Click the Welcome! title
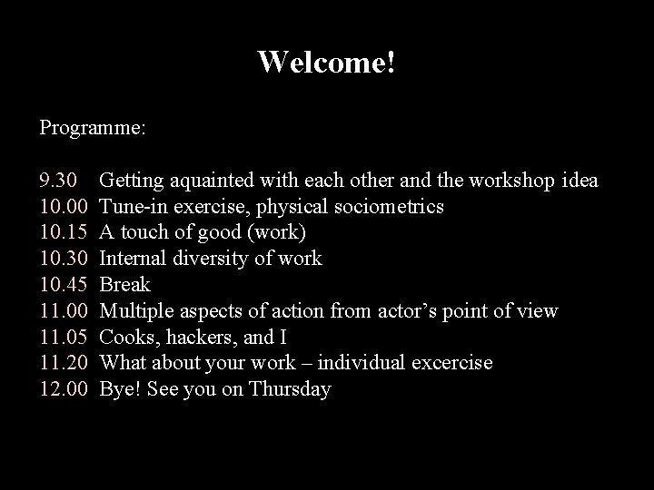[x=326, y=63]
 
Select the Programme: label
[x=92, y=128]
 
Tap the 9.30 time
[x=58, y=181]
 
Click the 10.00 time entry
[x=63, y=207]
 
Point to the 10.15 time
[x=63, y=233]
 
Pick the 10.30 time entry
[x=63, y=260]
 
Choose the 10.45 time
[x=63, y=286]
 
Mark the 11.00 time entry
[x=63, y=312]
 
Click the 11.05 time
[x=63, y=338]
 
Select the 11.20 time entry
[x=63, y=364]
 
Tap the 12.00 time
[x=63, y=390]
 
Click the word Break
[x=124, y=286]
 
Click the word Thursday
[x=290, y=390]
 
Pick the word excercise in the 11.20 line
[x=450, y=364]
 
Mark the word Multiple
[x=136, y=312]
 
